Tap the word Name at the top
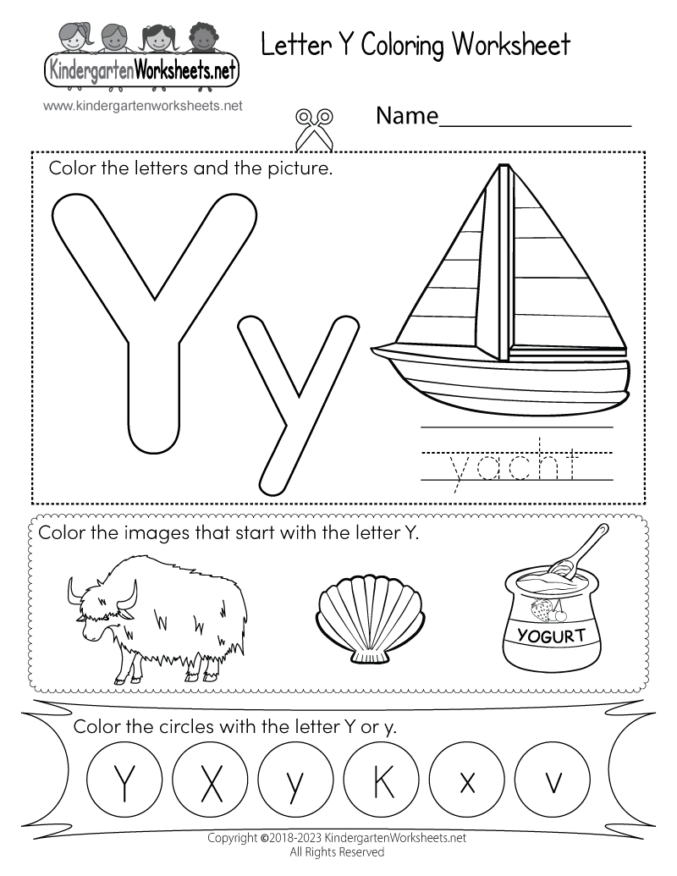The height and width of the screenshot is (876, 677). click(406, 116)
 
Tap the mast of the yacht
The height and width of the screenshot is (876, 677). click(505, 262)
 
